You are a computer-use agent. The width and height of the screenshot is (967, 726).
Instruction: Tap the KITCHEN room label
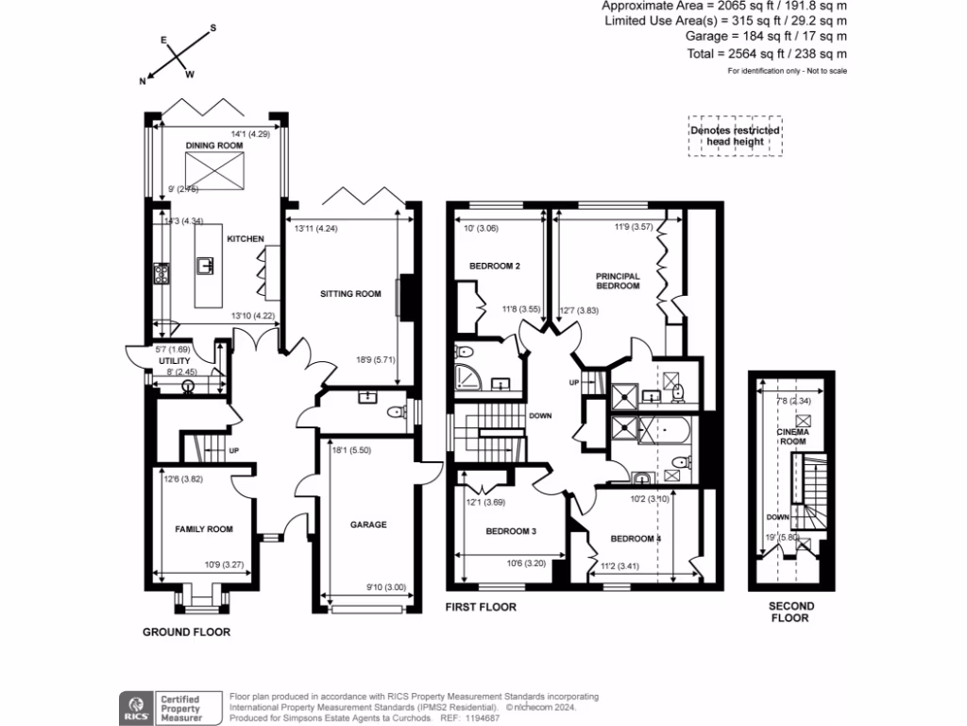pos(245,239)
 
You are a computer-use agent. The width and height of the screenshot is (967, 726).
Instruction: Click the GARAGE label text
pos(367,525)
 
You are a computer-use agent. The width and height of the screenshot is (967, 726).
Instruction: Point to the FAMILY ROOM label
pos(204,529)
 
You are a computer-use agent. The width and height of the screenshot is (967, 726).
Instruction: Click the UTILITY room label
pos(175,361)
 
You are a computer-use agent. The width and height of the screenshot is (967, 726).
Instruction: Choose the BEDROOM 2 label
pos(495,267)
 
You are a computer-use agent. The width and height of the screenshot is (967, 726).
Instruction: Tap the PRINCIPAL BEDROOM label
pos(618,281)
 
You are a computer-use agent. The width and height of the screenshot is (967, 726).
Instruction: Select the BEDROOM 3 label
pos(511,531)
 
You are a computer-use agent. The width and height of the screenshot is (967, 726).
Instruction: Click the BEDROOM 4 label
pos(636,539)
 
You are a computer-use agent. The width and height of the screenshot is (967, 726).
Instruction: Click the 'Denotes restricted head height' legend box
pos(735,136)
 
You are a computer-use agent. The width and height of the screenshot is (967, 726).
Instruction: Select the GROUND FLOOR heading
pos(186,631)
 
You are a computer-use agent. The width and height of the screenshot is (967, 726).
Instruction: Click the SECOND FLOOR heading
pos(790,612)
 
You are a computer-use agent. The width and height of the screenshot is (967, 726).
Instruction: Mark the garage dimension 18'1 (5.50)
pos(351,451)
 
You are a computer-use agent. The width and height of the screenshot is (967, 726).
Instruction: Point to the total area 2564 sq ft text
pos(767,54)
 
